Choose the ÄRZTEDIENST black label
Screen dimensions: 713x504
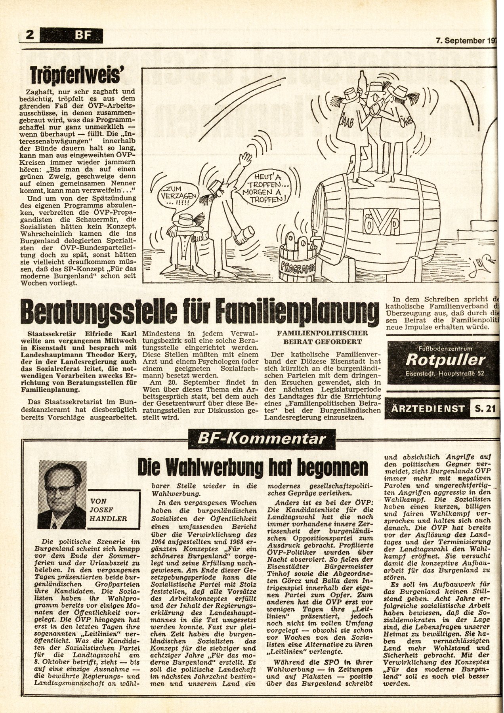click(x=427, y=408)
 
